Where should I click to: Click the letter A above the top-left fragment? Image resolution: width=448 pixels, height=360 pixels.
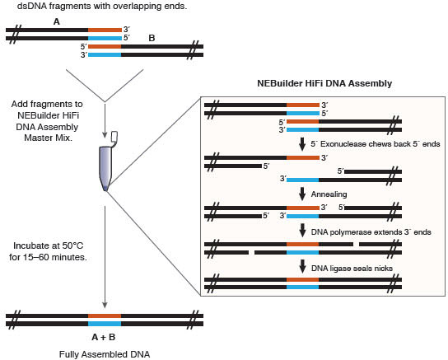(x=57, y=21)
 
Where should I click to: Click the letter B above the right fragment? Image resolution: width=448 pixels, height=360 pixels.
(x=152, y=38)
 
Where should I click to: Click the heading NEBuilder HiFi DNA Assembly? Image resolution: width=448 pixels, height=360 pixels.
(x=324, y=83)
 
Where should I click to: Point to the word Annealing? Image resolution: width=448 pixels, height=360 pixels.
(x=329, y=194)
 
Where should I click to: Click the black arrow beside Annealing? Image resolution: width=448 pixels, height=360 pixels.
(x=302, y=194)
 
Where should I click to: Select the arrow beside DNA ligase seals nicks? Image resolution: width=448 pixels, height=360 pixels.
(x=302, y=267)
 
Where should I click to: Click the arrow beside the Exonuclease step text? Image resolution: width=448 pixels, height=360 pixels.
(x=302, y=144)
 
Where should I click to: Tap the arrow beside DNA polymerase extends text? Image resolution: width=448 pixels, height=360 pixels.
(x=302, y=231)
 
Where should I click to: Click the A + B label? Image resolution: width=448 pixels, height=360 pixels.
(x=104, y=338)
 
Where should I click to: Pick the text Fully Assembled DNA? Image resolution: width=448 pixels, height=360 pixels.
(x=105, y=354)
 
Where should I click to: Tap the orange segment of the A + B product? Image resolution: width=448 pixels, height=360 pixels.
(x=105, y=316)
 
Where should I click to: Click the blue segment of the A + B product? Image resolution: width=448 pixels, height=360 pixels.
(x=105, y=324)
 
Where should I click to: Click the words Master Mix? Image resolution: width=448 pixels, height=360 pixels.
(x=48, y=138)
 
